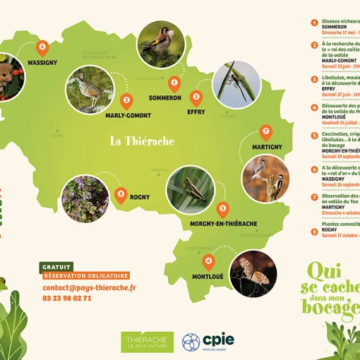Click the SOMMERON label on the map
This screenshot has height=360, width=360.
(165, 98)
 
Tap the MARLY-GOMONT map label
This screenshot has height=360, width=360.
(128, 115)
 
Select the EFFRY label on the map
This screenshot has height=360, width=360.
(196, 112)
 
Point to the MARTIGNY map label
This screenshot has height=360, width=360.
(265, 147)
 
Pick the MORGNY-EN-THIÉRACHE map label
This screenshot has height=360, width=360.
(223, 224)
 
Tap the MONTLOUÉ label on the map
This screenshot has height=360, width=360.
(208, 277)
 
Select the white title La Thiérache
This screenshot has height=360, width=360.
(142, 140)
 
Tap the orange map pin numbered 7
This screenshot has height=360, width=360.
(266, 131)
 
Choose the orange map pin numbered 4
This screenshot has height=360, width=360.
(208, 261)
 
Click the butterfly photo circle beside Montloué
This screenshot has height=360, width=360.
(252, 272)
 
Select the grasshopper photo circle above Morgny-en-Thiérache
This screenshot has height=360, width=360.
(191, 189)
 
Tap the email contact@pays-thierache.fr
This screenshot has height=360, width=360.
(89, 287)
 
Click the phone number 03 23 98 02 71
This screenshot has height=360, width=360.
(67, 298)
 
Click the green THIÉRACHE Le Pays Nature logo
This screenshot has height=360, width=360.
(147, 342)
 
